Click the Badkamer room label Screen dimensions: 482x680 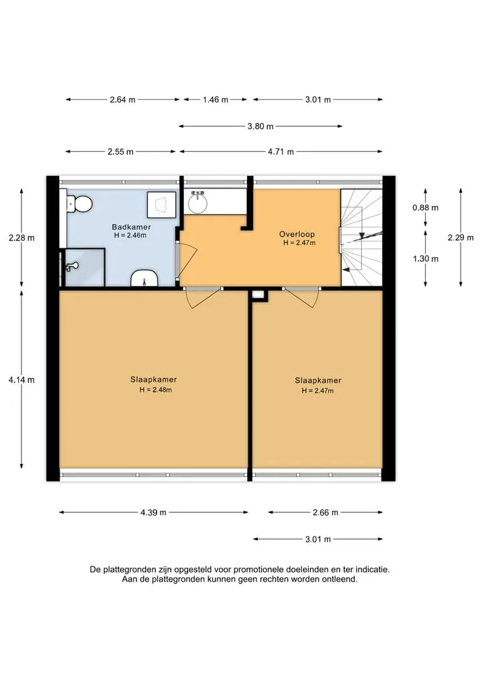pos(131,227)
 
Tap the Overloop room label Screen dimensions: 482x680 pos(297,234)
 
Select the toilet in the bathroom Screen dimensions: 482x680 pos(80,204)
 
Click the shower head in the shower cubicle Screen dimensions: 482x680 pos(72,266)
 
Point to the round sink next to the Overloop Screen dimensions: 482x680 pos(199,201)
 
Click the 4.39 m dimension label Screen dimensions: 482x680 pos(153,513)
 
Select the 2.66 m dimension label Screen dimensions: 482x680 pos(325,513)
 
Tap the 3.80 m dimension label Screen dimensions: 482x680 pos(260,126)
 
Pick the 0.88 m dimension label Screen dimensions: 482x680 pos(426,208)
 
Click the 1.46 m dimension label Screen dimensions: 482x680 pos(216,100)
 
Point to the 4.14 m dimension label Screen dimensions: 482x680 pos(21,380)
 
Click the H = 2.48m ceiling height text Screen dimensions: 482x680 pos(155,390)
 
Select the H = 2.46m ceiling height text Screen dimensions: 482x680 pos(131,235)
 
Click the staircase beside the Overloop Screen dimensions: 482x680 pos(361,237)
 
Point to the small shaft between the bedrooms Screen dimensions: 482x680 pos(258,295)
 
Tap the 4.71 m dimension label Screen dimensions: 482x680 pos(281,152)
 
